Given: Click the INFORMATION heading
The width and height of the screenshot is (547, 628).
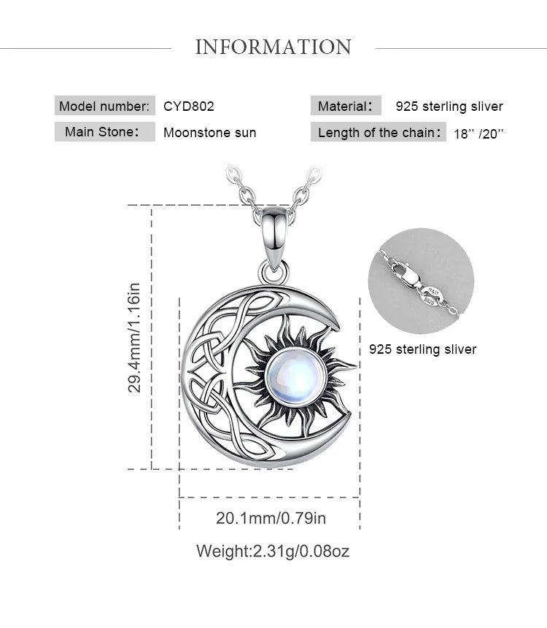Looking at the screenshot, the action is pos(273,47).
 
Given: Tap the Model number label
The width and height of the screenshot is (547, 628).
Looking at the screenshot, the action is pos(104,106).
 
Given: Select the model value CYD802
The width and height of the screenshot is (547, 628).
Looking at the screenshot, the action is pos(189,106).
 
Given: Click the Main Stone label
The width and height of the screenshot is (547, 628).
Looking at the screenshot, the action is pos(104,132).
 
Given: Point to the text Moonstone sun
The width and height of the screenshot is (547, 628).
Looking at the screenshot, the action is pos(210,133).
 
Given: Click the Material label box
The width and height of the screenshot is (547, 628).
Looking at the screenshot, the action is pos(346,106).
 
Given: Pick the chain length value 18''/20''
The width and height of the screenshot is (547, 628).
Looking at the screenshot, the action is pos(478,133).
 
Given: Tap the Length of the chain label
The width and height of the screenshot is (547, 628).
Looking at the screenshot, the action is pos(378,132).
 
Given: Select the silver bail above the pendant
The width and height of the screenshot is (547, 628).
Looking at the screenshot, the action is pos(275,236).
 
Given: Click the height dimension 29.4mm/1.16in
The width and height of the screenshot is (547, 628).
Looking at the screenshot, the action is pos(134,338).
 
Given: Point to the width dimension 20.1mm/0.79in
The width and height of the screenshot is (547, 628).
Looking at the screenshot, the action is pos(271,518).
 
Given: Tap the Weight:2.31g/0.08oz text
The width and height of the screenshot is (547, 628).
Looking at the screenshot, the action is pos(273,551).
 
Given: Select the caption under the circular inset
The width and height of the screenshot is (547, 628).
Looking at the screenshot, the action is pos(423,349).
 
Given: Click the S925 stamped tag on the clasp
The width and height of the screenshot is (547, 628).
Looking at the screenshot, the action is pos(429,301).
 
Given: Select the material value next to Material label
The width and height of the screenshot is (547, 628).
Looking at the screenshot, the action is pos(449,106).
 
